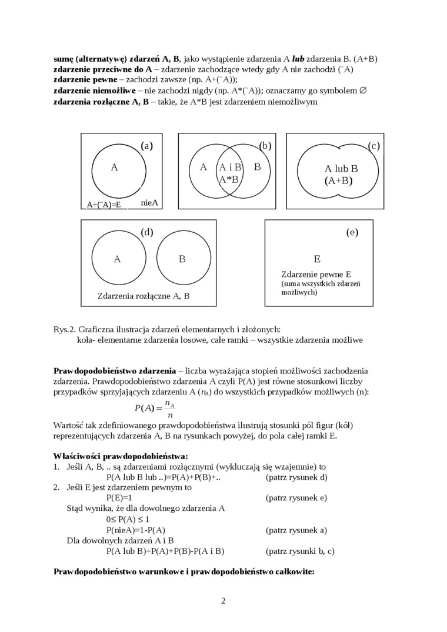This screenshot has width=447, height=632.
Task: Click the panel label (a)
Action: coord(147,146)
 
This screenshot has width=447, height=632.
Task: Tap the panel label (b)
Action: coord(265,146)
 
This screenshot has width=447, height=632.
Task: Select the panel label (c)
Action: coord(373,146)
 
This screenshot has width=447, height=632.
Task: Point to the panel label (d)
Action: coord(147,232)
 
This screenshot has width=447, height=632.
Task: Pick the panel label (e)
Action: coord(352,232)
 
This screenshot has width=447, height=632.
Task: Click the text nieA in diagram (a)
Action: coord(150,202)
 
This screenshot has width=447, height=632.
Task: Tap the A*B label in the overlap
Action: coord(229,179)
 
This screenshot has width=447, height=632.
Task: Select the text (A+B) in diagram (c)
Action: coord(338,181)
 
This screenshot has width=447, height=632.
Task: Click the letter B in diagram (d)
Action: coord(182,259)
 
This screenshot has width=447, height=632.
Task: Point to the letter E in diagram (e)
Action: coord(317,259)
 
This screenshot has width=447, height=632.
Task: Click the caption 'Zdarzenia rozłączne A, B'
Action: coord(144,296)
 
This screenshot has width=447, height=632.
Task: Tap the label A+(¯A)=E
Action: coord(104,205)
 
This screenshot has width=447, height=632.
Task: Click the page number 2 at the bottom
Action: coord(223,600)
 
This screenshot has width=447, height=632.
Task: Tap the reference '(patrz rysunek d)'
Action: coord(296,477)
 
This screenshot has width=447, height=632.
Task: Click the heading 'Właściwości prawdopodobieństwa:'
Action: coord(121,456)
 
